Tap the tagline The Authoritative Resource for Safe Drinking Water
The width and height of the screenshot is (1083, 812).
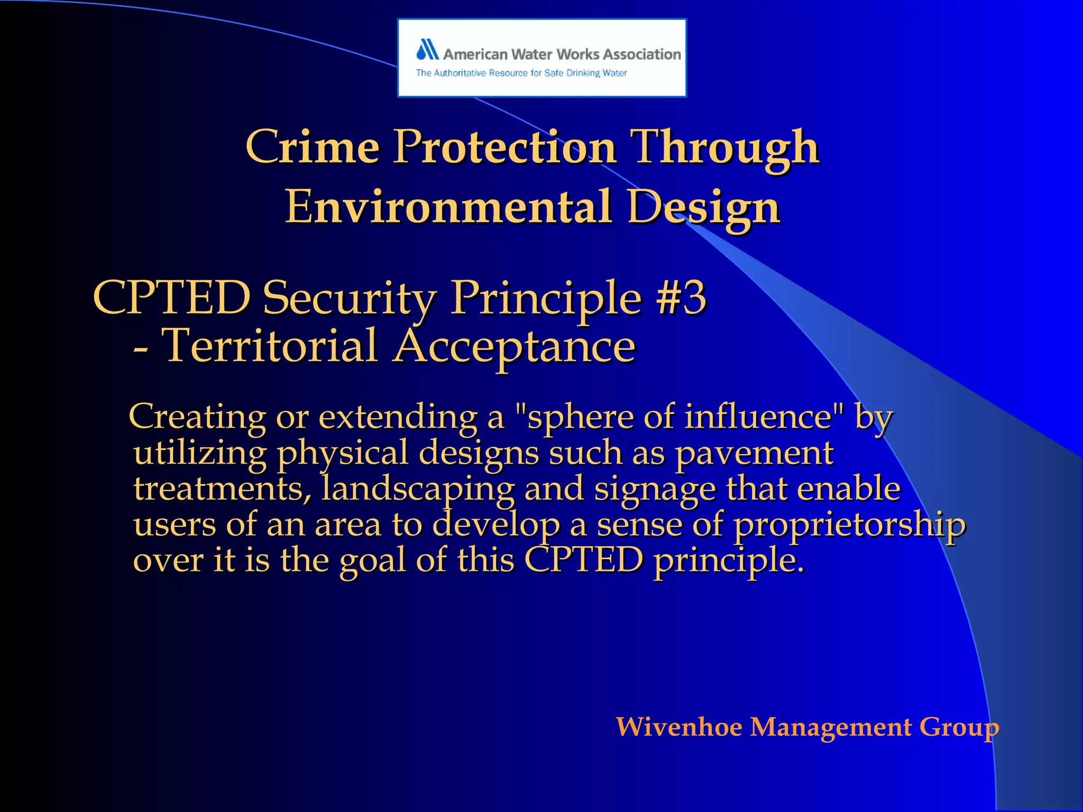(x=521, y=73)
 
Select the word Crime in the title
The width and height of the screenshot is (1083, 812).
(x=313, y=147)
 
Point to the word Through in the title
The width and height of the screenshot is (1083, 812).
(x=726, y=148)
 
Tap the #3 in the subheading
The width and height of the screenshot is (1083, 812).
(x=681, y=298)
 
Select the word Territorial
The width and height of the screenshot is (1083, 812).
(x=269, y=346)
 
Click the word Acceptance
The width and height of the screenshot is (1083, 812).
(x=515, y=347)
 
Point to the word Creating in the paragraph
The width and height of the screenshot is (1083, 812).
(x=197, y=417)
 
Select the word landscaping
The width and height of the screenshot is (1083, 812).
(x=418, y=489)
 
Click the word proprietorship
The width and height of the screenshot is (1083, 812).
(x=849, y=525)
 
